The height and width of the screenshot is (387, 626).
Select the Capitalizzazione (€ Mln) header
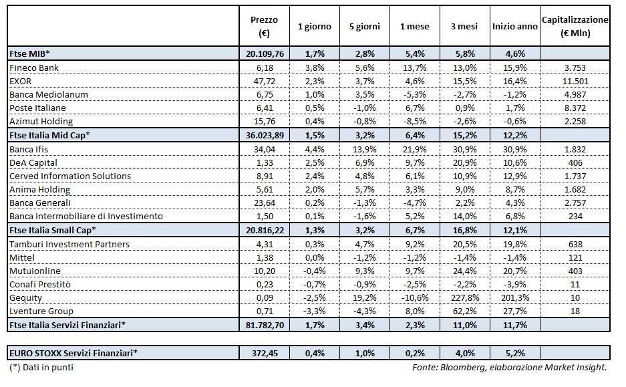(575, 27)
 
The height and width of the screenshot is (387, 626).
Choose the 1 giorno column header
(314, 27)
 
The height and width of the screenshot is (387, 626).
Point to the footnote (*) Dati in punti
(41, 368)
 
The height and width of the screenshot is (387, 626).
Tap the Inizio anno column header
(514, 27)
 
